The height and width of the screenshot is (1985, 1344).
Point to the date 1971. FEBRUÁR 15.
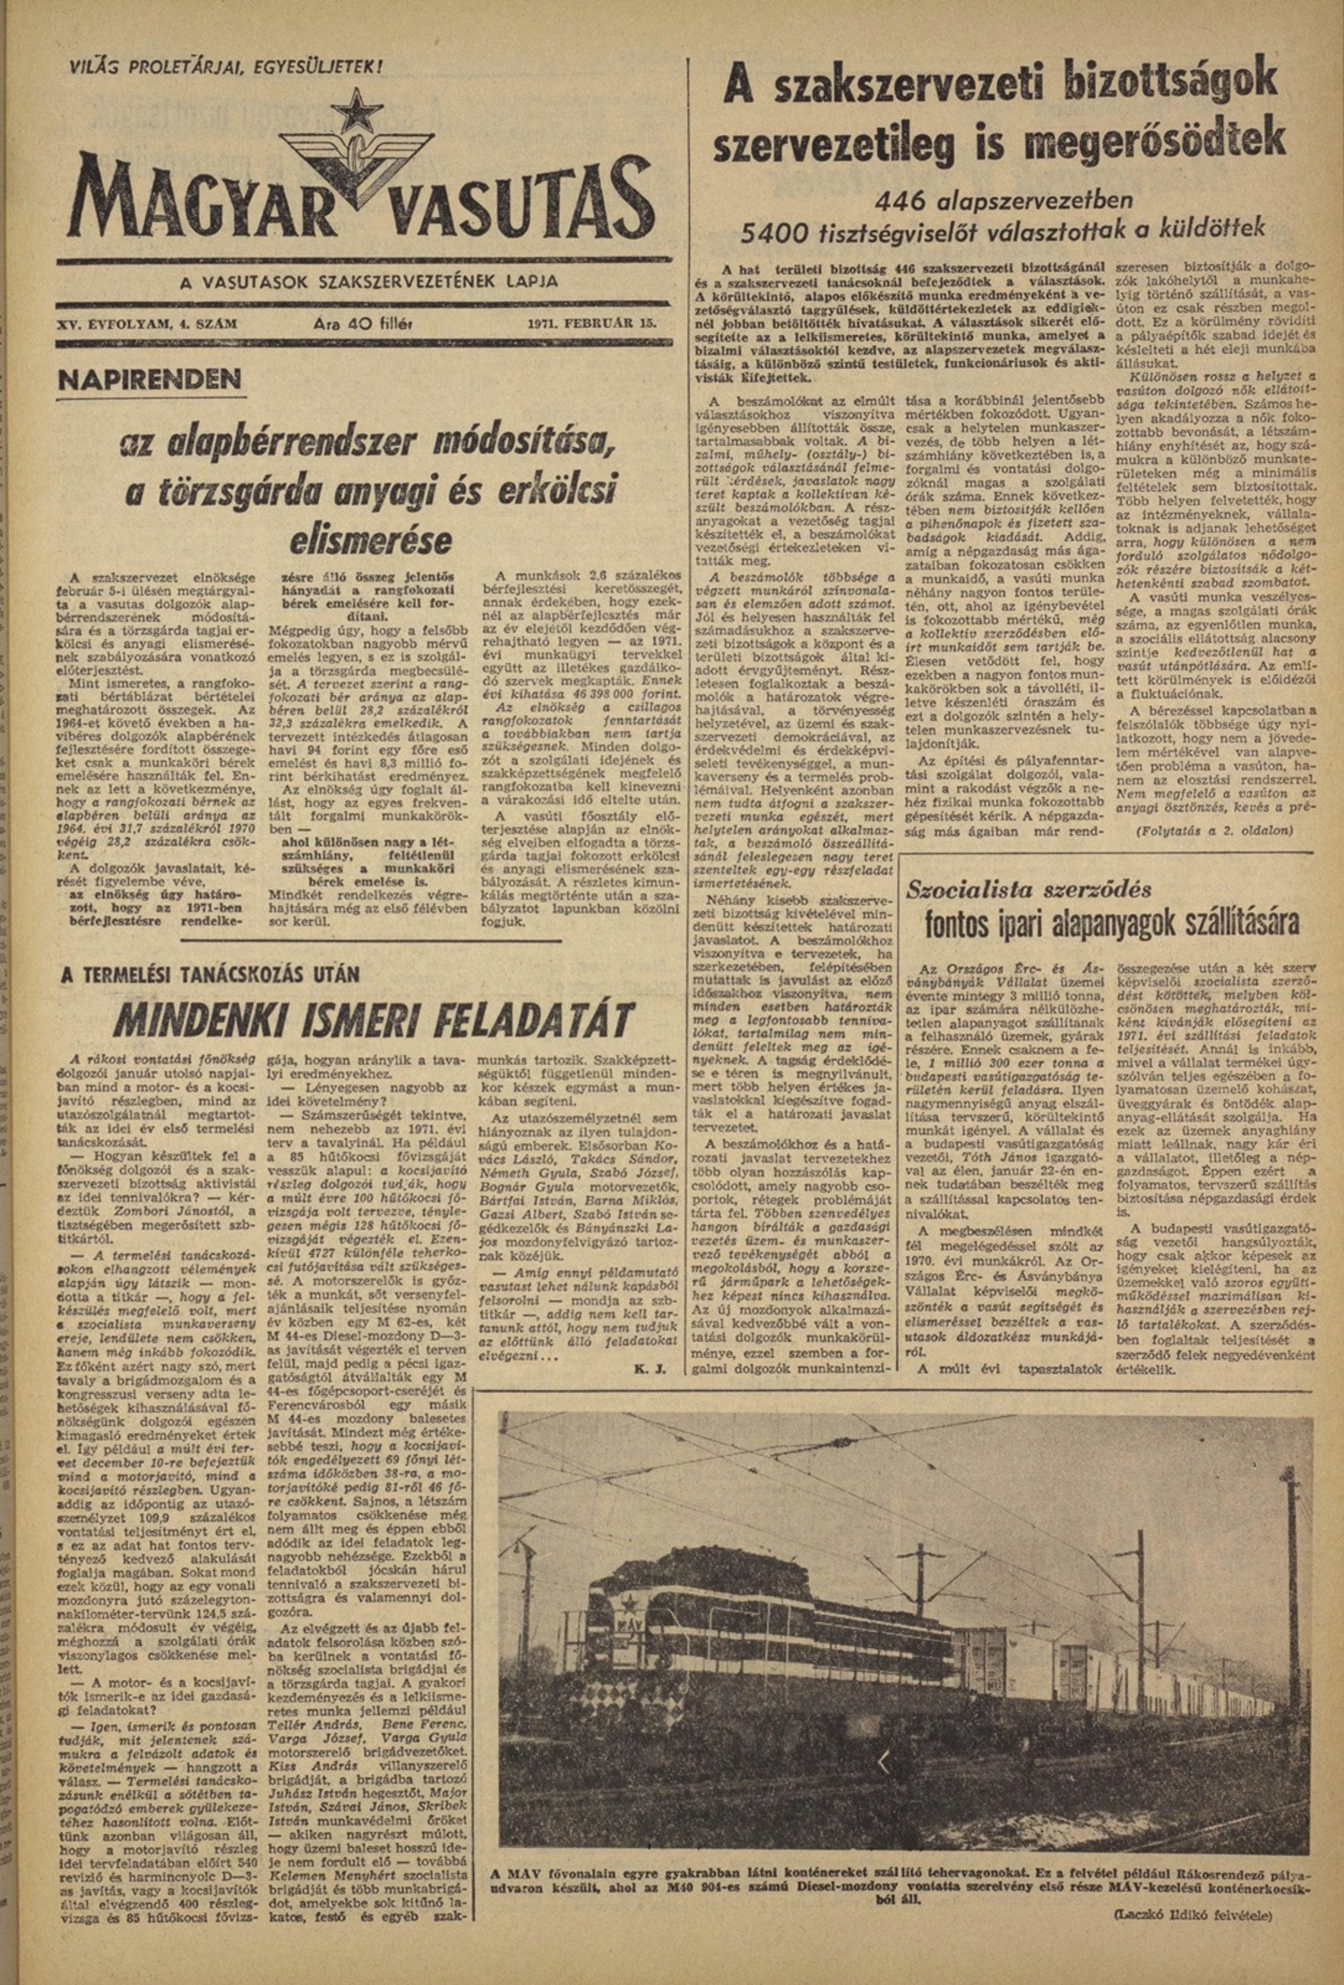[593, 326]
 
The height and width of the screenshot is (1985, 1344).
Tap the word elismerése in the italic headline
[371, 541]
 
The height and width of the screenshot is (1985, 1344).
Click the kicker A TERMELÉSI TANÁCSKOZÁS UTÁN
[210, 975]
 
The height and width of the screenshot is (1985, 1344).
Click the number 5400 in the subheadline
[779, 232]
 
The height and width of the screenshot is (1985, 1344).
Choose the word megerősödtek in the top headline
[1144, 142]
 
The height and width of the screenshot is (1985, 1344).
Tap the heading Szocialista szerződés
[1029, 889]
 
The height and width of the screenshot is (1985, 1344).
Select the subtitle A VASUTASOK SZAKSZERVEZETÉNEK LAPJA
[368, 282]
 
